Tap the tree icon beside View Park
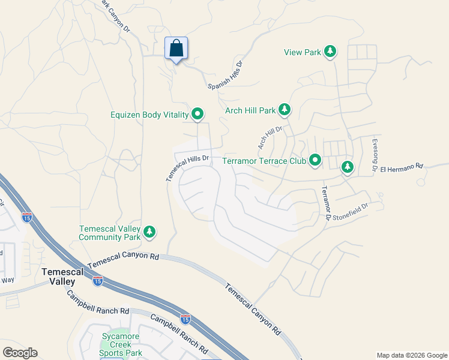(330, 52)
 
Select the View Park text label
(303, 52)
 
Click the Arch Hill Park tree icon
(285, 110)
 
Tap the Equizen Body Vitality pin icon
(197, 114)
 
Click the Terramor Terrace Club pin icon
(315, 160)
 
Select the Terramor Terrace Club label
(264, 161)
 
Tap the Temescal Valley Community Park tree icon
(149, 232)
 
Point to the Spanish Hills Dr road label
(226, 75)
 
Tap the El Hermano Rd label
(402, 166)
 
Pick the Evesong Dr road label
(374, 155)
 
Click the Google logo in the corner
(20, 353)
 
